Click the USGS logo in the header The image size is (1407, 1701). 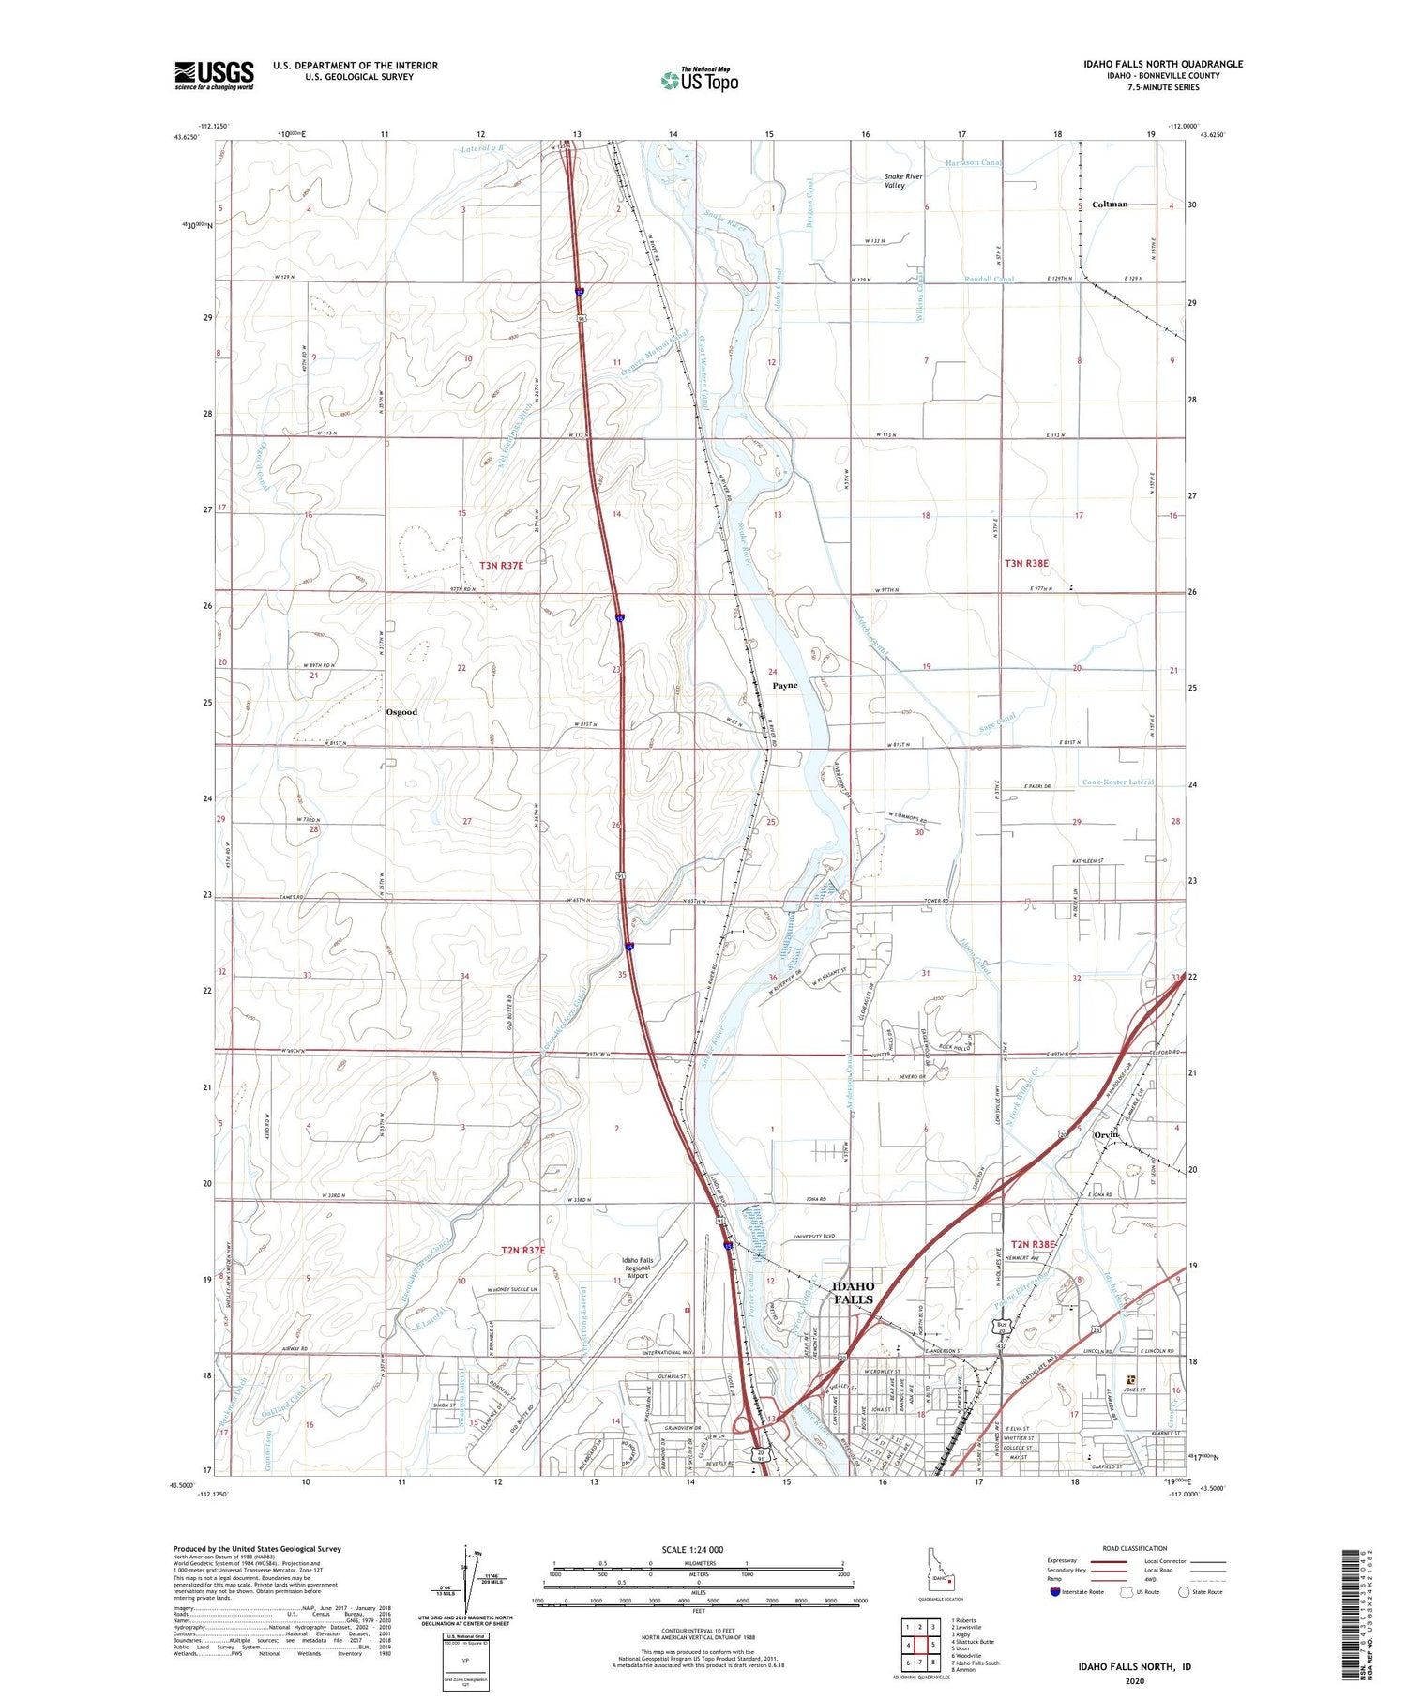[214, 75]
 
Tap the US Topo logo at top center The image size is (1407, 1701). [699, 81]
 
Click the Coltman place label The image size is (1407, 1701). [1110, 204]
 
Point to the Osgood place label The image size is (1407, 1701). [401, 712]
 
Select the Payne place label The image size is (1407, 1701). [785, 686]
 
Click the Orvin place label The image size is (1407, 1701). [1108, 1135]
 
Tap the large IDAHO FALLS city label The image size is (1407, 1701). [853, 1293]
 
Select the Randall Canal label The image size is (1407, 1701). [989, 280]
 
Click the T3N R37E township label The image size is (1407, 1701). [502, 565]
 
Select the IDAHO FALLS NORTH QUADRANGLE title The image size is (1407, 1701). [1163, 64]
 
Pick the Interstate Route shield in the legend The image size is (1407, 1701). [1055, 1592]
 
